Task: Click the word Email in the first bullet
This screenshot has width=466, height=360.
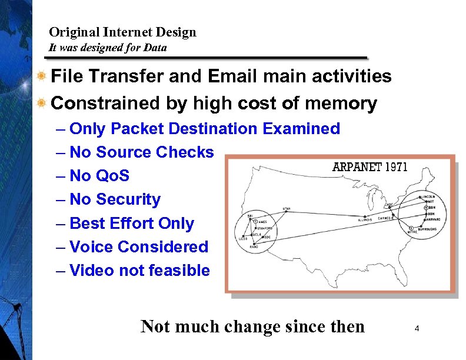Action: [x=234, y=76]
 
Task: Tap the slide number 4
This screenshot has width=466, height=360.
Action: [x=416, y=328]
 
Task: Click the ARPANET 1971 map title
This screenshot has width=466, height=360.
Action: [x=370, y=166]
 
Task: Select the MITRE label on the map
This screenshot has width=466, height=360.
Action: [x=414, y=232]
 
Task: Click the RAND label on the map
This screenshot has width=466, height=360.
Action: [x=254, y=247]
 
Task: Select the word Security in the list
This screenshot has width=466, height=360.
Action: [x=128, y=200]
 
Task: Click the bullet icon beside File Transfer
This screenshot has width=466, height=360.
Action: [x=41, y=76]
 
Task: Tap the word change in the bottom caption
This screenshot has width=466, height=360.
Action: [x=257, y=326]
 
